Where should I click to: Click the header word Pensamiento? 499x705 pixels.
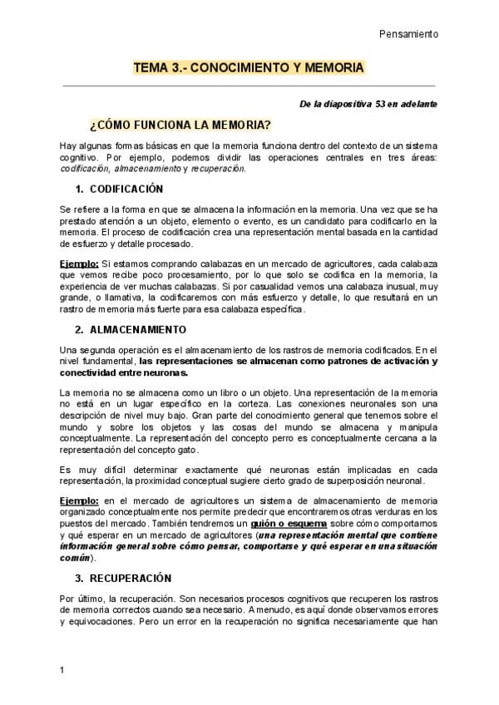[408, 34]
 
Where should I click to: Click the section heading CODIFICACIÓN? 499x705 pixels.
[126, 189]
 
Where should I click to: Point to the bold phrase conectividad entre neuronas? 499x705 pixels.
[125, 373]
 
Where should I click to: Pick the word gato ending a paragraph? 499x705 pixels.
[187, 450]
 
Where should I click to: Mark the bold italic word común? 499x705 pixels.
[75, 558]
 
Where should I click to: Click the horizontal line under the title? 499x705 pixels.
[249, 86]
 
